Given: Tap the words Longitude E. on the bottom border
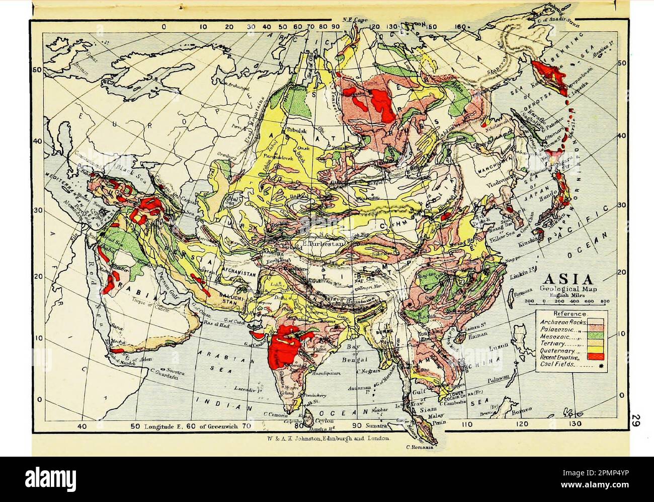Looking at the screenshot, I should [x=160, y=426].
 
